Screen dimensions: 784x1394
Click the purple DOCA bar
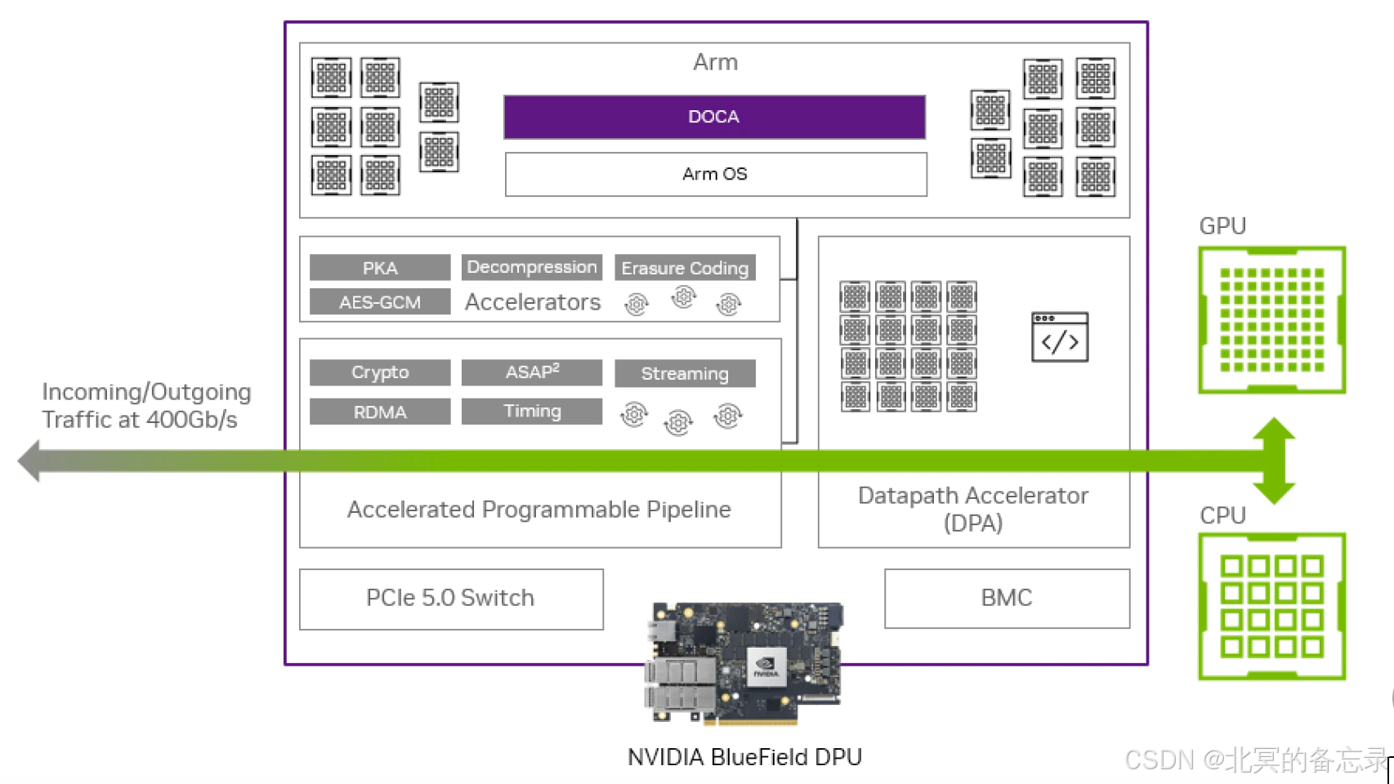(x=714, y=117)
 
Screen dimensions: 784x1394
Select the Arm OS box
(x=715, y=174)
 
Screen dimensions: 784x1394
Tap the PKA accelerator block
(x=380, y=268)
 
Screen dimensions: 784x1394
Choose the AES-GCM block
(x=380, y=302)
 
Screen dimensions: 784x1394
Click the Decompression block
(x=532, y=267)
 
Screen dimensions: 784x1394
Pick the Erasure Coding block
(x=685, y=268)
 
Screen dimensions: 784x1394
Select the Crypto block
(x=380, y=372)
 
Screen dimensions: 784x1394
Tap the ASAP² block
(x=532, y=372)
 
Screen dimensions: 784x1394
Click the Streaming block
(x=685, y=373)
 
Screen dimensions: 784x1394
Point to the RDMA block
(x=380, y=412)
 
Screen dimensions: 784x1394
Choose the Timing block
(x=532, y=411)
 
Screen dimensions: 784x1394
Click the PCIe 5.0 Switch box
(x=451, y=599)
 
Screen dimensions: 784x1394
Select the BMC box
(x=1007, y=598)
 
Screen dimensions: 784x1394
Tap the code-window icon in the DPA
(x=1060, y=336)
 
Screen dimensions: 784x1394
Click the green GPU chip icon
(x=1271, y=319)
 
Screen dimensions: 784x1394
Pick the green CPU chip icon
(x=1271, y=606)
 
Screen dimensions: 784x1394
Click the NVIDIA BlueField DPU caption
(x=744, y=757)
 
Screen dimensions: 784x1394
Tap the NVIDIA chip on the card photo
(x=766, y=666)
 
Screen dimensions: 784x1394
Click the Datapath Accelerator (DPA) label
(x=973, y=509)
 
